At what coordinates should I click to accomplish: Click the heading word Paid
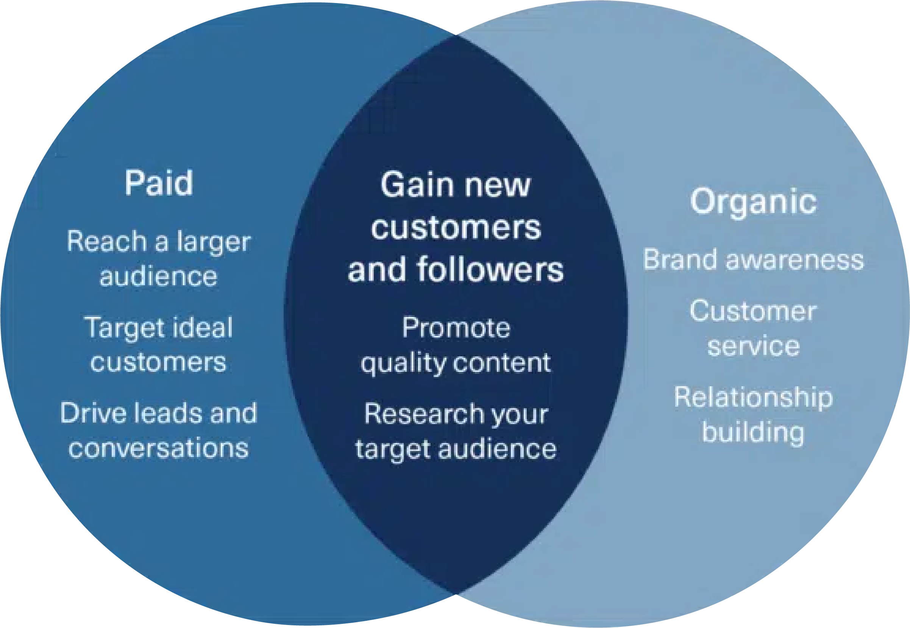pos(159,183)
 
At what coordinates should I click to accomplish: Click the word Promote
pos(456,327)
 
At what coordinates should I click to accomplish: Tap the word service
pos(753,346)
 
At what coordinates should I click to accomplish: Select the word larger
pos(214,242)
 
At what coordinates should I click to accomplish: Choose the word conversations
pos(158,448)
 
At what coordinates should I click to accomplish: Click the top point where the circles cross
pos(456,35)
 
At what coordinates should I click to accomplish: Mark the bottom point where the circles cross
pos(456,593)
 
